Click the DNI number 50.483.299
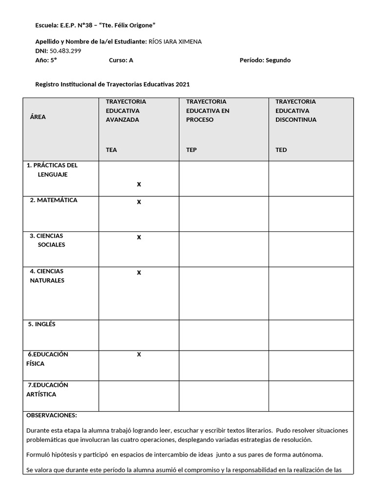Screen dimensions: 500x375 (65, 51)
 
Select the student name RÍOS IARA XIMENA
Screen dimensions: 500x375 (174, 42)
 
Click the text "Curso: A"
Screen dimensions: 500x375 (121, 60)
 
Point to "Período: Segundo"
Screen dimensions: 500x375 (265, 60)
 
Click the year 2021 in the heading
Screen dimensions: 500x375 (183, 84)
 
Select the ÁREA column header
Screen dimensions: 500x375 (38, 117)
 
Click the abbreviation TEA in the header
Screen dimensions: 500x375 (111, 150)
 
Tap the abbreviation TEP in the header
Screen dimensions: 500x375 (191, 150)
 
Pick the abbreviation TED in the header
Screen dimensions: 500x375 (281, 150)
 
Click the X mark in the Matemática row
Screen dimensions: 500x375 (139, 202)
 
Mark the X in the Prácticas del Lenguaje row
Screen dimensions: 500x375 (139, 184)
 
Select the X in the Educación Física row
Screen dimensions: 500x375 (139, 354)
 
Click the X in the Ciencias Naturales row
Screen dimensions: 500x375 (139, 272)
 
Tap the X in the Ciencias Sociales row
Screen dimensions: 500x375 (139, 237)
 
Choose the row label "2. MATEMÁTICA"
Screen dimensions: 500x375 (53, 200)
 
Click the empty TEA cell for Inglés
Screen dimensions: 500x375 (139, 335)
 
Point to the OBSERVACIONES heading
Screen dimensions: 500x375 (51, 415)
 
